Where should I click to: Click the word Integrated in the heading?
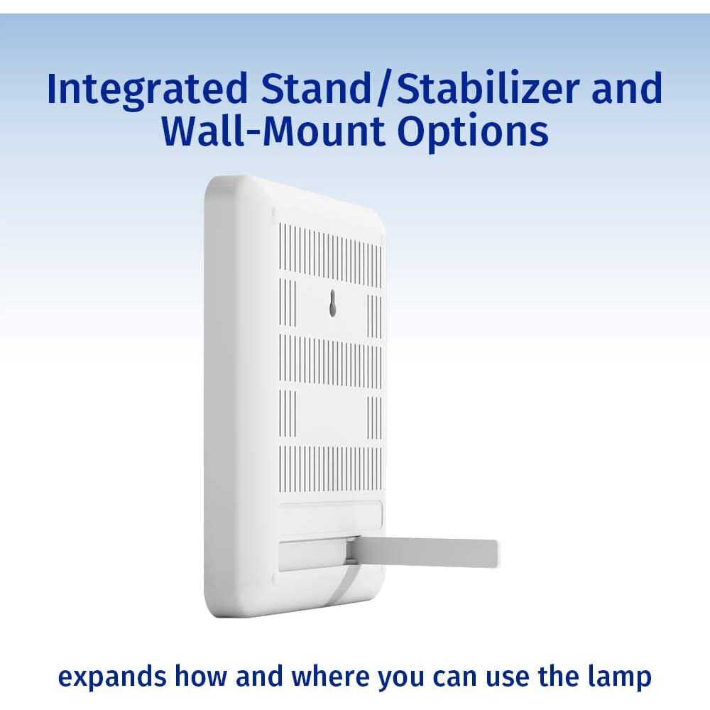[147, 89]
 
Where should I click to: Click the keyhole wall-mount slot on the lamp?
[333, 303]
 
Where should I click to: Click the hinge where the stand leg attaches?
[351, 550]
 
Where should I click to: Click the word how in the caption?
[201, 676]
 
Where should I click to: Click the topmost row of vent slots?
[330, 253]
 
